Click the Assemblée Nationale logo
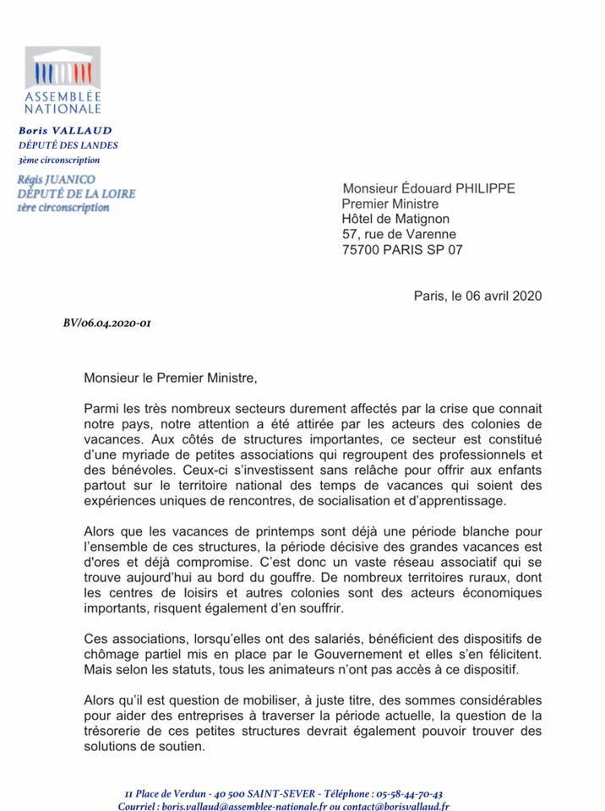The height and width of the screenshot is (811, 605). [x=63, y=81]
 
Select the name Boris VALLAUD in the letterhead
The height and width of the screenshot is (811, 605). [x=65, y=131]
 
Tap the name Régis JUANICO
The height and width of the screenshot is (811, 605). [x=56, y=179]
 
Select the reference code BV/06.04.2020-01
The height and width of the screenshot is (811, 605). [x=108, y=324]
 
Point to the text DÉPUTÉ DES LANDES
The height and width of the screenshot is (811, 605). [x=68, y=145]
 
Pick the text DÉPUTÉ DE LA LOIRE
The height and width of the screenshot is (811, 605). [x=76, y=193]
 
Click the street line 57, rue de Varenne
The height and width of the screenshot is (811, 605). [x=399, y=234]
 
